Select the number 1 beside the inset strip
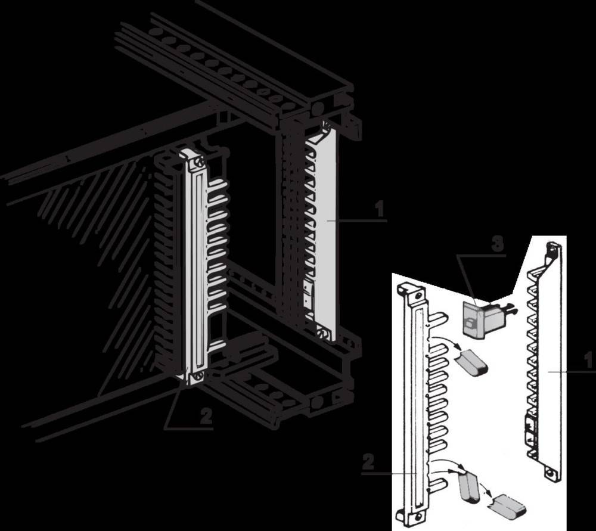click(588, 360)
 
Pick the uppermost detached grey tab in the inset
click(472, 362)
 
